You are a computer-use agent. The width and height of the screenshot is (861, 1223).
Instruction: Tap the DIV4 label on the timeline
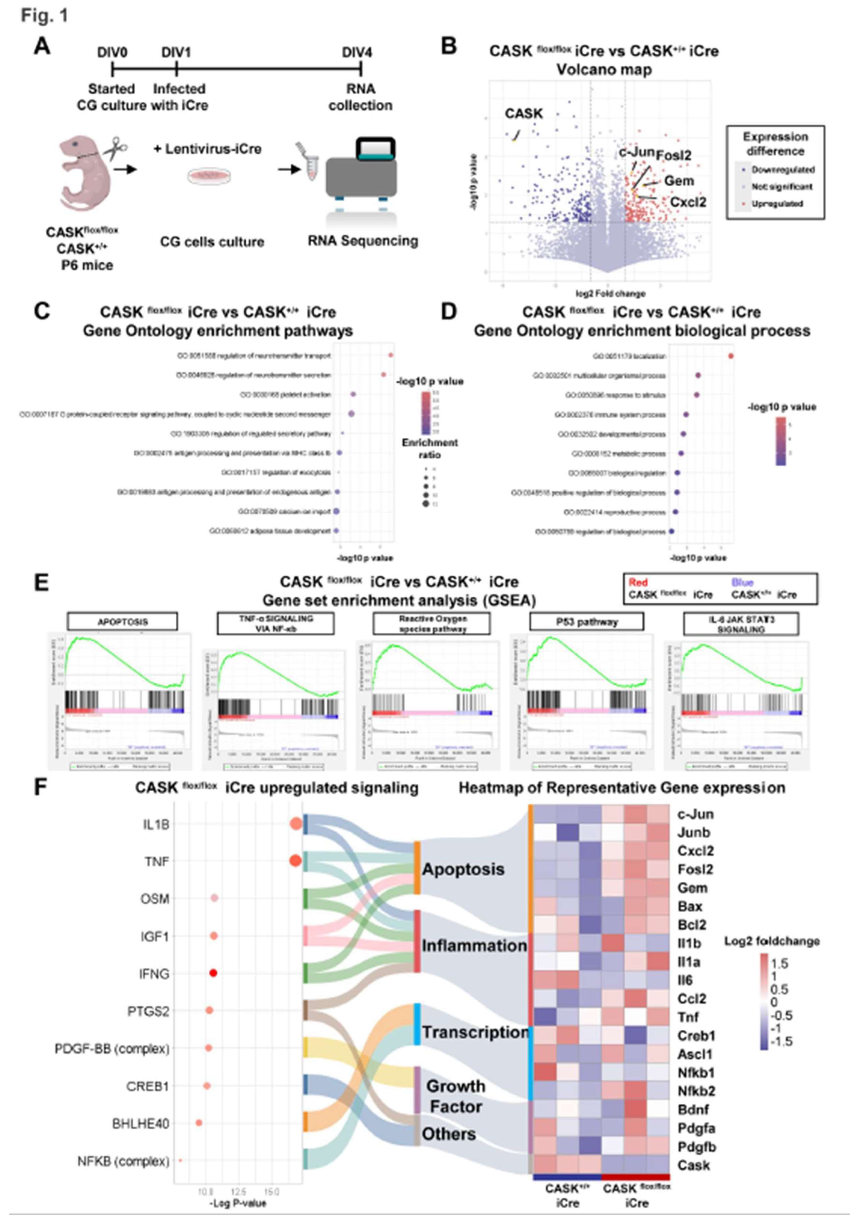point(357,53)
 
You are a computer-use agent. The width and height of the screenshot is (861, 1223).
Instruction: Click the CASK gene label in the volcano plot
point(524,113)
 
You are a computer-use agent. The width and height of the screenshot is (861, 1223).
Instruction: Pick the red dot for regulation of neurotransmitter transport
point(390,355)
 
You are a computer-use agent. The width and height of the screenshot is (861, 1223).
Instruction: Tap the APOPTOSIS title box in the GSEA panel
point(123,622)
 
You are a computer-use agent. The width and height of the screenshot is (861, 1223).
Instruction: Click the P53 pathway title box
point(587,622)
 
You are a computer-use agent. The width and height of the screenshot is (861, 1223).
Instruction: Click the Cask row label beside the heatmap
point(693,1165)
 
